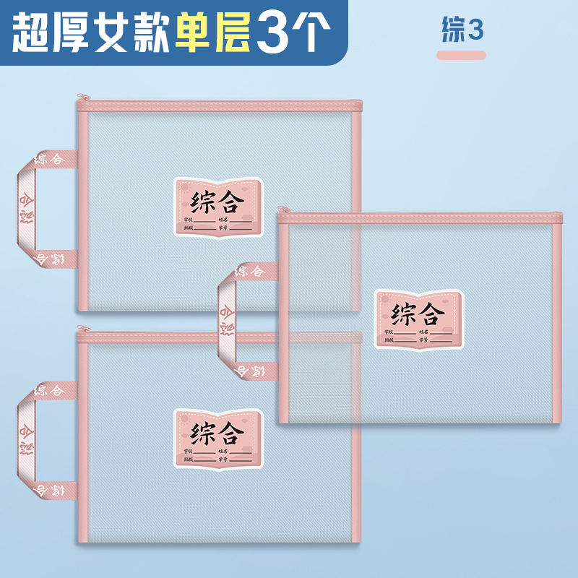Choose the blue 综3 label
(x=462, y=30)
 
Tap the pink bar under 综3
(x=462, y=55)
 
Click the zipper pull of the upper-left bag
(x=82, y=97)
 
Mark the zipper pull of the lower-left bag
(x=82, y=329)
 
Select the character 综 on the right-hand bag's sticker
(x=405, y=314)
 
